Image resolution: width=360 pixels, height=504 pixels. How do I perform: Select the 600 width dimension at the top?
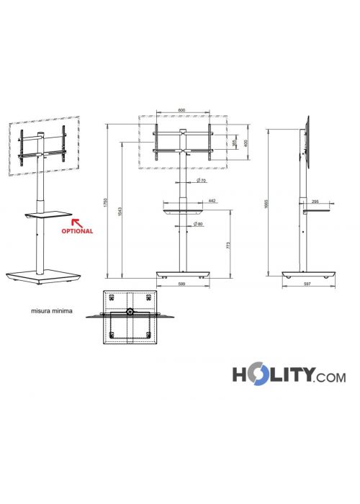[x=181, y=110]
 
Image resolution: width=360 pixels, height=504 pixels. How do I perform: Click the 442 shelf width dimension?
[x=212, y=201]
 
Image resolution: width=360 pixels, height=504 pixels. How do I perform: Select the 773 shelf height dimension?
[x=228, y=246]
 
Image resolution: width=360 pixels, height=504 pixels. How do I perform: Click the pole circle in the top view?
[x=130, y=312]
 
